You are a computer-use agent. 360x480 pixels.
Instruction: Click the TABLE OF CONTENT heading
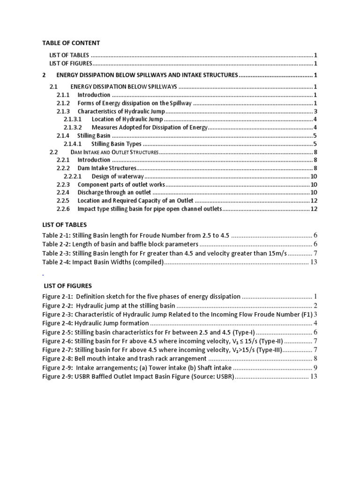(71, 43)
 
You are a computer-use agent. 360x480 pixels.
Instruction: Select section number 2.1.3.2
(73, 127)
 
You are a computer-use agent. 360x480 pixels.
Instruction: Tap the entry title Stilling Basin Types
(116, 144)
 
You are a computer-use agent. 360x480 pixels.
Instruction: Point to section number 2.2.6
(63, 209)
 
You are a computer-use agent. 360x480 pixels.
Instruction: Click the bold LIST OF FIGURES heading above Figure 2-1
(68, 285)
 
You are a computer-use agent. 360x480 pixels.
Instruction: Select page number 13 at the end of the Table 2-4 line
(314, 262)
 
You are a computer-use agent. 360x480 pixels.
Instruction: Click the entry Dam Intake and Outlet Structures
(115, 152)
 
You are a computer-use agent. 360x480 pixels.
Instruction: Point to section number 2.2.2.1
(73, 176)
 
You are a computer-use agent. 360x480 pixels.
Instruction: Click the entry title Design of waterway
(118, 176)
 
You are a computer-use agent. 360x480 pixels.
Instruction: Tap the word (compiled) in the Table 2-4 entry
(146, 262)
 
